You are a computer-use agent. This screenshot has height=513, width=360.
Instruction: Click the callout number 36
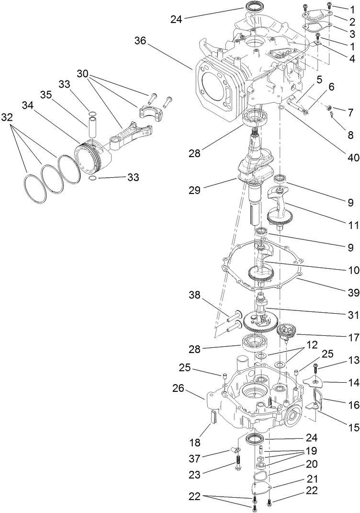coord(141,41)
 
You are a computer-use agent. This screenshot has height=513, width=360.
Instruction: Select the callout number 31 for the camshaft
coord(351,310)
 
